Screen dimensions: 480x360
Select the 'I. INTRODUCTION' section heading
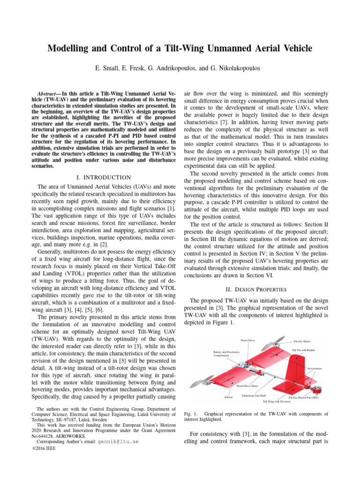(103, 177)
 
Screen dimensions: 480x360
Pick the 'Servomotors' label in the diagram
(318, 369)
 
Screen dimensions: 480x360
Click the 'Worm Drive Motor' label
(247, 386)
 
